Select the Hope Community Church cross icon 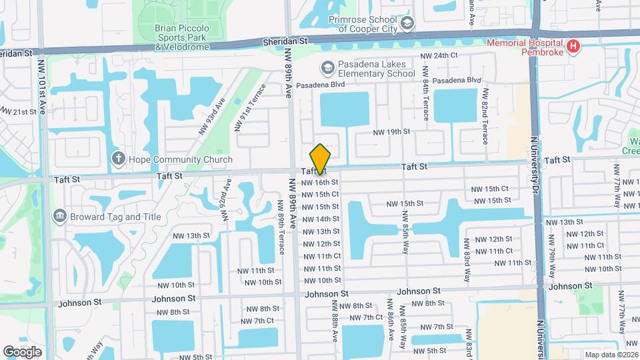[x=118, y=159]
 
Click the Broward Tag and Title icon [x=59, y=216]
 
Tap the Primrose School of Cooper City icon [x=407, y=24]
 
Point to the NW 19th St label [x=391, y=132]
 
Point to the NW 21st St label [x=18, y=111]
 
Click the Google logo [x=23, y=351]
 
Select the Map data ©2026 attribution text [x=611, y=355]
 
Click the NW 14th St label [x=321, y=219]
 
